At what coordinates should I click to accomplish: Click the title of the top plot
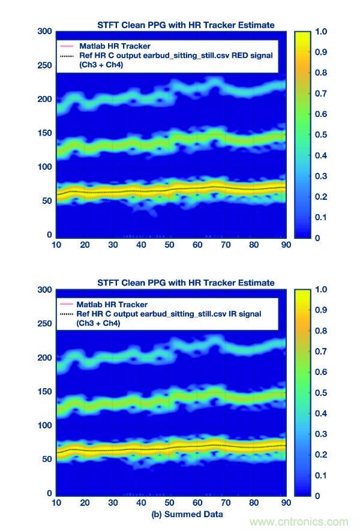[x=185, y=25]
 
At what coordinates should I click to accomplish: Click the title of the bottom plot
[x=185, y=283]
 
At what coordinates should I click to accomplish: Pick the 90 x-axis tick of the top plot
[x=286, y=245]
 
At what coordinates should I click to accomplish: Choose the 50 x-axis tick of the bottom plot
[x=170, y=503]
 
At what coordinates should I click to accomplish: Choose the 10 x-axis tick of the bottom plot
[x=57, y=503]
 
